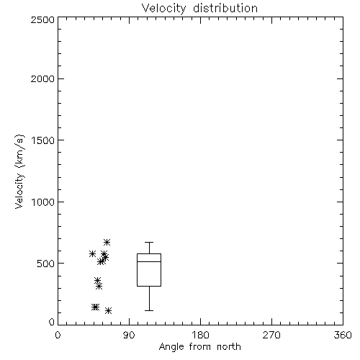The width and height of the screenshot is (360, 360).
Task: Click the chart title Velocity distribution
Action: point(199,9)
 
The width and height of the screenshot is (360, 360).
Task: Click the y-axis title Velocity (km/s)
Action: point(19,171)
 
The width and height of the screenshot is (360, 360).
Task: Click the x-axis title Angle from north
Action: point(199,347)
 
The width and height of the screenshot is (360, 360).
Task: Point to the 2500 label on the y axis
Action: point(42,19)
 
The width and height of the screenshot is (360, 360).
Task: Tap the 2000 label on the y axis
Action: point(42,79)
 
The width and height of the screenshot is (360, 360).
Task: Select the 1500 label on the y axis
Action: point(43,140)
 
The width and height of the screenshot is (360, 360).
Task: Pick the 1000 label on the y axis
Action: point(43,202)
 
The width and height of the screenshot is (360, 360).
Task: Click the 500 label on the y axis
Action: point(46,264)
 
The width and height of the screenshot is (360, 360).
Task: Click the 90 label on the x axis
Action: point(129,335)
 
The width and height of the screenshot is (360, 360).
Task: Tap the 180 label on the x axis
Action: point(200,335)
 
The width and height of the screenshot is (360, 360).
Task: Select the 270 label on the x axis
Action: point(271,335)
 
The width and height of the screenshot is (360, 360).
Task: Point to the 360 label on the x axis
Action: point(343,335)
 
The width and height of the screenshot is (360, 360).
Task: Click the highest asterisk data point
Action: point(107,242)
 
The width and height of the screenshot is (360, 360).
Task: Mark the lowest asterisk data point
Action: point(108,311)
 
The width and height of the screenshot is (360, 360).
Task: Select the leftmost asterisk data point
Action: point(92,253)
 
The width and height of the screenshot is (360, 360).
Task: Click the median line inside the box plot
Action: point(149,261)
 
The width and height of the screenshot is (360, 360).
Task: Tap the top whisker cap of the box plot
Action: point(149,243)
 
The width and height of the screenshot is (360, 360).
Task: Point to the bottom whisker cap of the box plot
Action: point(149,310)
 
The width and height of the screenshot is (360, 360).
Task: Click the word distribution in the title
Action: point(225,9)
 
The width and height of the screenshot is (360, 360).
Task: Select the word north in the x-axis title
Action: point(229,347)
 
